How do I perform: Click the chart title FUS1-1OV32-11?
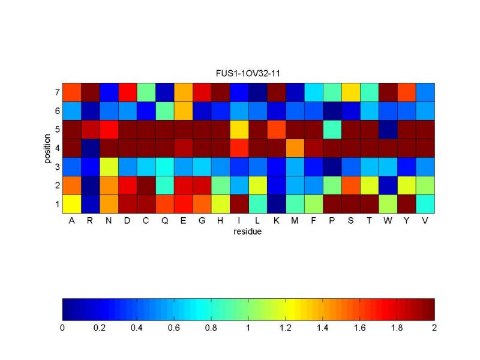248,74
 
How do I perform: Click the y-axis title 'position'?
47,148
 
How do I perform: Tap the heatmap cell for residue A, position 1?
71,204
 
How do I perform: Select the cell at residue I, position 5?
239,130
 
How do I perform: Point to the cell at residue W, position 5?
388,130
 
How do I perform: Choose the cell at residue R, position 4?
90,148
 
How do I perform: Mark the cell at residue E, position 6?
183,111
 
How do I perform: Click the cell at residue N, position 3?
109,167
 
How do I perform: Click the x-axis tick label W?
388,220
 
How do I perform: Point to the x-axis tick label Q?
164,220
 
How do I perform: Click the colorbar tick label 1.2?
286,328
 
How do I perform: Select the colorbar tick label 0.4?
137,328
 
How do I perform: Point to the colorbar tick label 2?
434,328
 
